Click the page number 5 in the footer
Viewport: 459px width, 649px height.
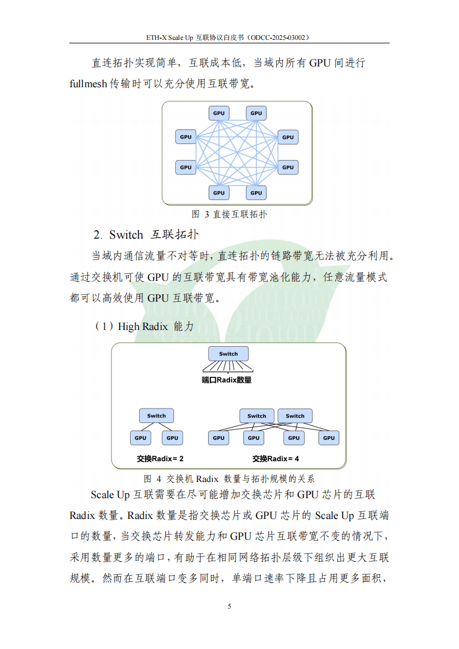point(229,606)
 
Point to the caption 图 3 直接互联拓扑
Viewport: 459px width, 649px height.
point(229,214)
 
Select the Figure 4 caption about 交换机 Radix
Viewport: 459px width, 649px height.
point(229,479)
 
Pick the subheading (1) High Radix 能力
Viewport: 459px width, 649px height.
point(144,327)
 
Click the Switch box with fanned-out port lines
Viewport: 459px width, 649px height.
point(228,354)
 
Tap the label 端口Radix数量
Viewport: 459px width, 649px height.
point(227,380)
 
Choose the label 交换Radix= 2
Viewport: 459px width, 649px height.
point(160,459)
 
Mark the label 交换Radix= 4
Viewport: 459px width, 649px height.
point(276,459)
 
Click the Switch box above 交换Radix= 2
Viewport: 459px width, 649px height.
point(156,416)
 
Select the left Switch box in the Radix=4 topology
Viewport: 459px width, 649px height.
point(257,416)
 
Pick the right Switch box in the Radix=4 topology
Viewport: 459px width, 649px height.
point(295,416)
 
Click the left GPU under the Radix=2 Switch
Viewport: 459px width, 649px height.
point(140,437)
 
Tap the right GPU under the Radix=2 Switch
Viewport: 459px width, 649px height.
point(172,437)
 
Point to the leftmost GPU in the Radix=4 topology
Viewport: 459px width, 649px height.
point(219,437)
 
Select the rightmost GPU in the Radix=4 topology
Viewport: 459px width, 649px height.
point(329,437)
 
